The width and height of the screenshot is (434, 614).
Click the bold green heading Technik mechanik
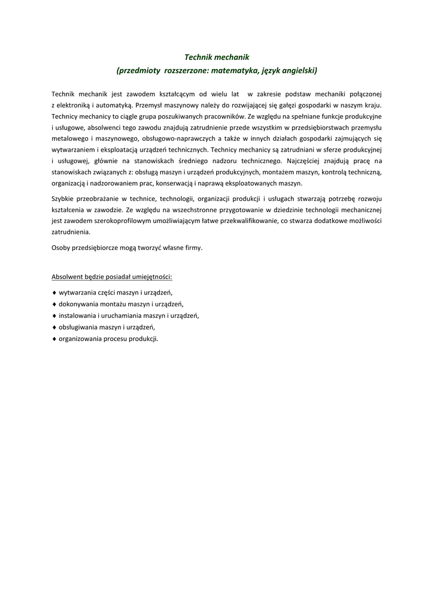pyautogui.click(x=216, y=57)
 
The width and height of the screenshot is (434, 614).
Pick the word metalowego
pyautogui.click(x=70, y=139)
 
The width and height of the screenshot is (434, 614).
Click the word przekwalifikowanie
pyautogui.click(x=244, y=221)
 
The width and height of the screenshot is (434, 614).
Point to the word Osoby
pyautogui.click(x=61, y=248)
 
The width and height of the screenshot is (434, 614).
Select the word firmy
pyautogui.click(x=194, y=248)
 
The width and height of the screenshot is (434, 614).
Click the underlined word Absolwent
pyautogui.click(x=67, y=277)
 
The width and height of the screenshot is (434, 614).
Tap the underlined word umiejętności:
pyautogui.click(x=152, y=277)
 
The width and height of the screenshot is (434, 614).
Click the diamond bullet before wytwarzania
pyautogui.click(x=54, y=293)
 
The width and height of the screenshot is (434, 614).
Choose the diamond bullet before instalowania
pyautogui.click(x=54, y=315)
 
